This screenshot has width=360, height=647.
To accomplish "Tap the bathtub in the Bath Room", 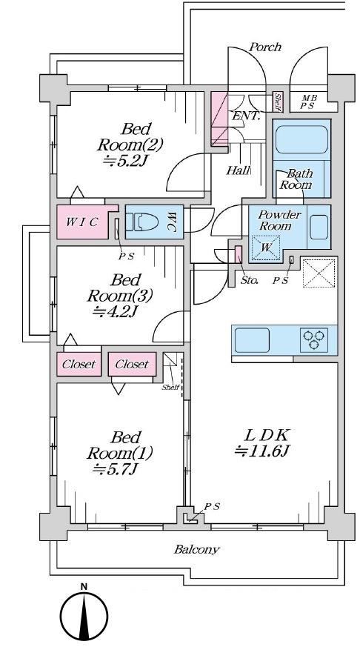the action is [x=301, y=139].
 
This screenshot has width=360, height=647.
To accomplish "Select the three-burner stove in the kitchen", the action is [x=314, y=339].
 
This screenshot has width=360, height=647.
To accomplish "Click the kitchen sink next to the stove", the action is [x=252, y=340].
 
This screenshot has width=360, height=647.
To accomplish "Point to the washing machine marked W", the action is [x=266, y=248].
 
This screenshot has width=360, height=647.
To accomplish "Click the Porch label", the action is [x=264, y=47].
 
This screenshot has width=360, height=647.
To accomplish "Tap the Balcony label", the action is [x=196, y=549].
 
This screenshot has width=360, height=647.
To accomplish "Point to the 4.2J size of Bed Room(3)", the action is [x=115, y=311].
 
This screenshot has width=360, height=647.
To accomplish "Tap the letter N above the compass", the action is [x=84, y=586].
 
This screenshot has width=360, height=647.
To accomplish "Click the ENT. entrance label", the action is [x=246, y=116].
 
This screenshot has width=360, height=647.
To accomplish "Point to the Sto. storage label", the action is [x=249, y=281].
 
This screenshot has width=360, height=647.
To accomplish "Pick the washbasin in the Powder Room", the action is [x=319, y=227].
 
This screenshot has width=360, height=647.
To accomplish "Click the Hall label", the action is [x=239, y=170].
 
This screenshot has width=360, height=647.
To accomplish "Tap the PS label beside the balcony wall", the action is [x=213, y=506].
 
